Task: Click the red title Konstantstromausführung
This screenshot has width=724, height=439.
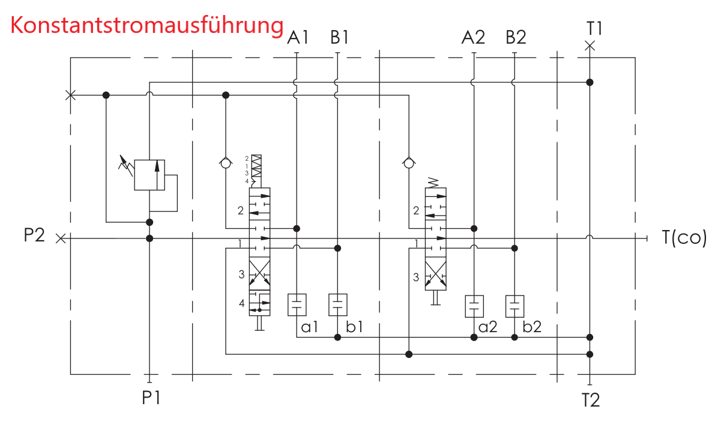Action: coord(146,26)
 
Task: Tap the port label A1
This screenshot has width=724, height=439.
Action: coord(298,38)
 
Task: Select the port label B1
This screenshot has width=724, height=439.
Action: coord(339,38)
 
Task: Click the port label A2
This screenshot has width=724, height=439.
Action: coord(473,38)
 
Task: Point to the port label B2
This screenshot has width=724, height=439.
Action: coord(516,38)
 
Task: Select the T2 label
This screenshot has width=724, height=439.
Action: coord(591,400)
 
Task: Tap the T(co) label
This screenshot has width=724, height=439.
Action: coord(684,238)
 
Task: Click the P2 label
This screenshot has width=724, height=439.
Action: coord(34,235)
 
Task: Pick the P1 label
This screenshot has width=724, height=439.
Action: coord(151,398)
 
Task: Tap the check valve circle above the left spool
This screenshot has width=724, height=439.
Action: coord(226,162)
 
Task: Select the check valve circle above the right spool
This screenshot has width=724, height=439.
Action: coord(409,162)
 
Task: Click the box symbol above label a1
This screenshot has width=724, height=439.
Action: coord(297,305)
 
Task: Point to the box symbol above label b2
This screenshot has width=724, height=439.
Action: coord(514,306)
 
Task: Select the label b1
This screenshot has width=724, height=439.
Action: coord(354,327)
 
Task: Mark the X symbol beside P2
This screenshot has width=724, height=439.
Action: coord(60,238)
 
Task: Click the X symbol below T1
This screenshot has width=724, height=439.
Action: coord(590,46)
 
